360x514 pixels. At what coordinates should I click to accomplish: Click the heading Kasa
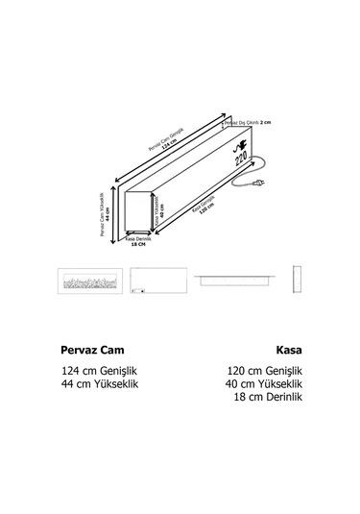287,351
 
